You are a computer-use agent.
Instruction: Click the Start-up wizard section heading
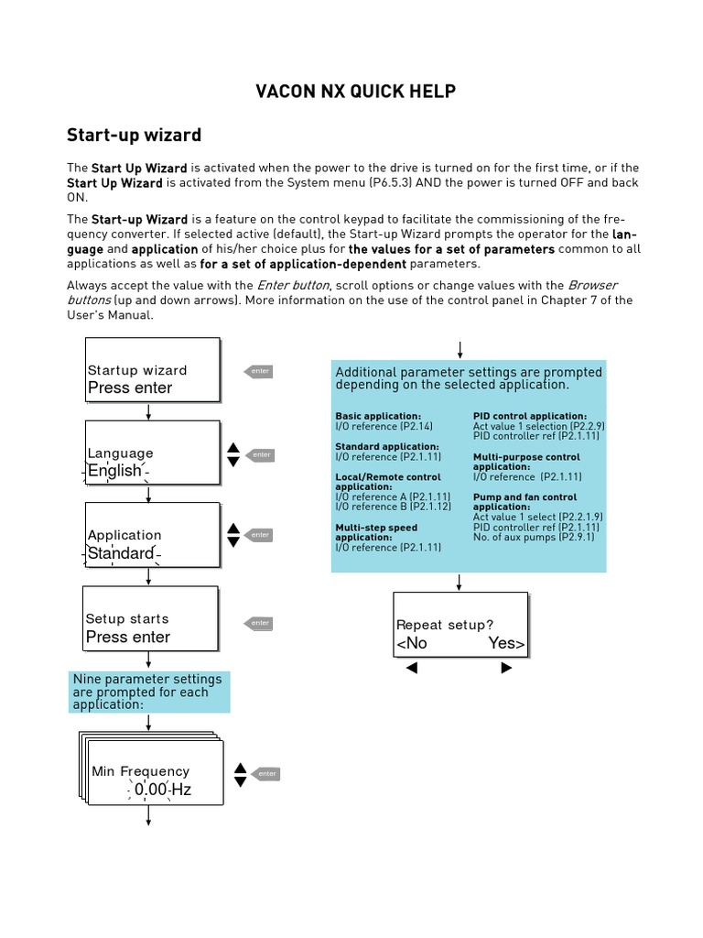tap(134, 136)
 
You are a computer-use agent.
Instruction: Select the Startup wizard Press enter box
tap(152, 370)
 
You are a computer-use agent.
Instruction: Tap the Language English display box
tap(152, 453)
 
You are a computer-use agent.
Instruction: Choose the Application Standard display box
tap(152, 535)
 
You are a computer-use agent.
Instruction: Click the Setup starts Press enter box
tap(150, 618)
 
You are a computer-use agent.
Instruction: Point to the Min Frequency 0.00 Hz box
tap(155, 772)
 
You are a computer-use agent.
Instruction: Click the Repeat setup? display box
tap(460, 625)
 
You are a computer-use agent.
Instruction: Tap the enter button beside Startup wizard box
tap(259, 371)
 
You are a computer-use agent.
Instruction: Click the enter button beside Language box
tap(261, 454)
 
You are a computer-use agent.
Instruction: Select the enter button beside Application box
tap(260, 534)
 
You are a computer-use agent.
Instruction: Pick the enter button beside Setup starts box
tap(259, 623)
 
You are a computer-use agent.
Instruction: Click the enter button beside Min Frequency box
tap(265, 774)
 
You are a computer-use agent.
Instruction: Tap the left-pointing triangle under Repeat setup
tap(411, 669)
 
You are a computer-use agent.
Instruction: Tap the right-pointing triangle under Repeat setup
tap(506, 669)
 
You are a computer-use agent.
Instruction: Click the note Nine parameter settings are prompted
tap(149, 692)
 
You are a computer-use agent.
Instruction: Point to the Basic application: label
tap(378, 416)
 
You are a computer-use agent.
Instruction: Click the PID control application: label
tap(529, 416)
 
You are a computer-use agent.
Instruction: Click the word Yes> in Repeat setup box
tap(506, 643)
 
